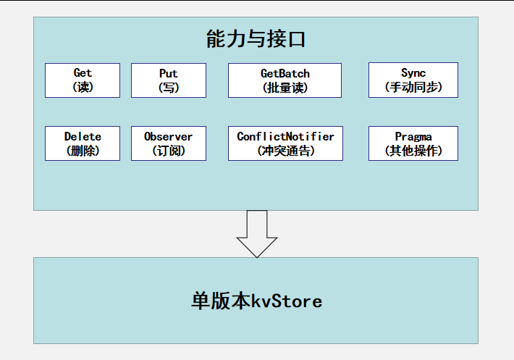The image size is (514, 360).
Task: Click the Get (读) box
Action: coord(83,80)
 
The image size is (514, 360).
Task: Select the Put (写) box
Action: coord(169,80)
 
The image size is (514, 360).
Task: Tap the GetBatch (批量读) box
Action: coord(285,80)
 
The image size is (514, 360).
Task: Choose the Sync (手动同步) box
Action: coord(413,80)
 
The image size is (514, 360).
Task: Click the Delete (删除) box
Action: coord(83,143)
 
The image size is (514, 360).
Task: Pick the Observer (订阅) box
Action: coord(169,143)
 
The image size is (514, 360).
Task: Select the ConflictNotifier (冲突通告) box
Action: coord(285,143)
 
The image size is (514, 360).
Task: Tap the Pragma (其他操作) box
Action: coord(413,143)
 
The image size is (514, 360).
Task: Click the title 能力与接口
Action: coord(256,39)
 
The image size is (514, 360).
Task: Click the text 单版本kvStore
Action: coord(256,301)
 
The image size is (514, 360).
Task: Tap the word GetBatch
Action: coord(285,74)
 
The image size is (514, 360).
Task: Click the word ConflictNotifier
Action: coord(285,136)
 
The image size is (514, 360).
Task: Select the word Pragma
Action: coord(413,136)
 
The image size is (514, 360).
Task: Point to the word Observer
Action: coord(169,136)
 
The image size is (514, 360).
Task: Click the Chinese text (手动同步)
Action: coord(413,88)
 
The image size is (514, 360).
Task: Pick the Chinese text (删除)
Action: coord(83,151)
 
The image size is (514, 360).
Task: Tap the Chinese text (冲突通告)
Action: coord(285,151)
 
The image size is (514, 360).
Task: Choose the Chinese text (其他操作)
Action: coord(413,151)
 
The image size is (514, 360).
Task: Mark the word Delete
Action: coord(83,136)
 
